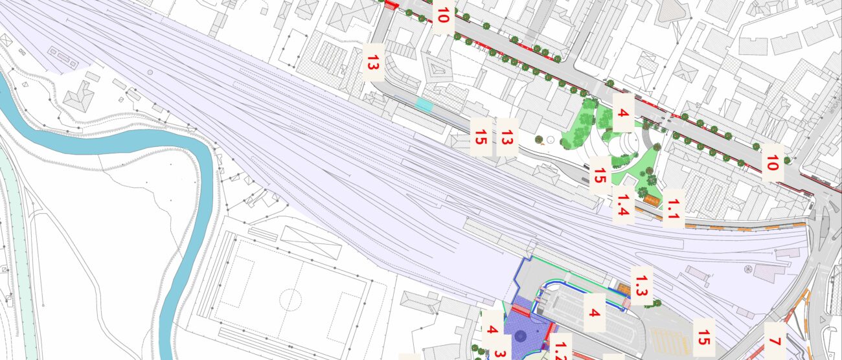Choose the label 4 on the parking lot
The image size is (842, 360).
594,313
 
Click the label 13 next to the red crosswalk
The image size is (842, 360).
372,63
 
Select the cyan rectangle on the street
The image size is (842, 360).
424,104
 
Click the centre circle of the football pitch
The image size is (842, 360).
291,299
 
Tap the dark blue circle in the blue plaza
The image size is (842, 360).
519,335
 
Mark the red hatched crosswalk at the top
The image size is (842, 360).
391,5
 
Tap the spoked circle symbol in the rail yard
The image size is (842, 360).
749,269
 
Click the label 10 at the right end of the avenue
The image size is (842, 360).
771,164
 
